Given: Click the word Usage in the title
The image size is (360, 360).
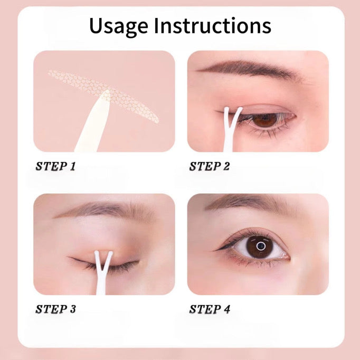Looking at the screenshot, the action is pos(118,26).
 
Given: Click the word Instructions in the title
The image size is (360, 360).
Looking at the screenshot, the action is pos(213,25).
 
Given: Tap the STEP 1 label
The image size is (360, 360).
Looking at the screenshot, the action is pos(55,166).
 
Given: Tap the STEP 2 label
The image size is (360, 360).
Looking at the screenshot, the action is pos(210,166).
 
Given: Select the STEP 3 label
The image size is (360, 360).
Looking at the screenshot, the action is pos(55,309).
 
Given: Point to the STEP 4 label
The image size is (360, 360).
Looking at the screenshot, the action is pos(210,309).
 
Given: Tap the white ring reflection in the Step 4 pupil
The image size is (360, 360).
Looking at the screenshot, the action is pos(261,246).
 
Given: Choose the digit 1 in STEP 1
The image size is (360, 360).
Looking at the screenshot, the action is pos(72,166).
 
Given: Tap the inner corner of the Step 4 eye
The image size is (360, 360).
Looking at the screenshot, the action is pos(288,257).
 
